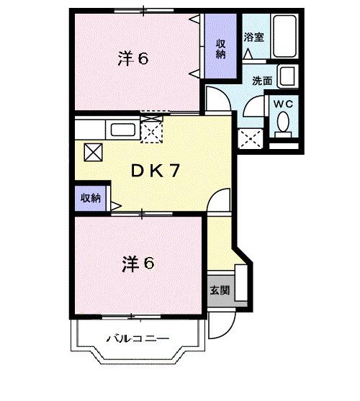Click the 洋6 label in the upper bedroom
pos(133,58)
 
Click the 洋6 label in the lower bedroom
pos(138,263)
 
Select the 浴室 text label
pos(254,36)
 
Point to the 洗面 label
pos(262,81)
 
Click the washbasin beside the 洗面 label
pos(287,76)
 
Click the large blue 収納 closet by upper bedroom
pos(221,48)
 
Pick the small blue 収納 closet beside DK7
pos(91,197)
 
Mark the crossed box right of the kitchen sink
pos(152,130)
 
